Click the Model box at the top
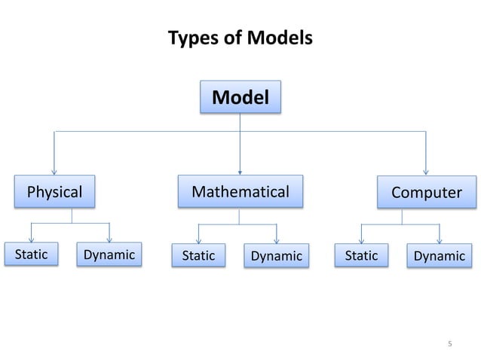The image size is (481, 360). tap(240, 96)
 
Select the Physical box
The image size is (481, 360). tap(54, 192)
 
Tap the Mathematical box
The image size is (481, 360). tap(240, 191)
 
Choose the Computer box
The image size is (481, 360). tap(426, 193)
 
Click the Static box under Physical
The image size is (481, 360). tap(31, 255)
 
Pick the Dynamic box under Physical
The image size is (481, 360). tap(109, 255)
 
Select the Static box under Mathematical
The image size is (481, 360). tap(198, 256)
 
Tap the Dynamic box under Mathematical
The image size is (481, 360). tap(276, 256)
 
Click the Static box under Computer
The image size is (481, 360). tap(361, 255)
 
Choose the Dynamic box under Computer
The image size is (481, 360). tap(440, 256)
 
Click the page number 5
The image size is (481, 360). tap(449, 344)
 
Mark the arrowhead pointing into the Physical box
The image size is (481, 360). tap(54, 170)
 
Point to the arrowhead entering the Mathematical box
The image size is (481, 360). tap(240, 171)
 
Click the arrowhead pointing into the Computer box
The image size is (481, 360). tap(426, 172)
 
